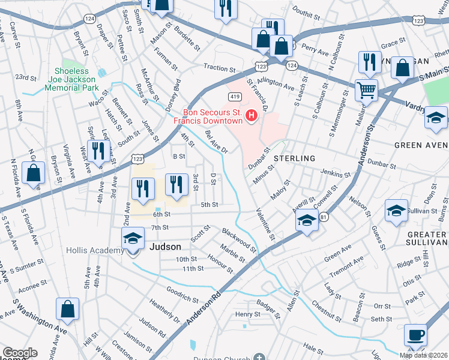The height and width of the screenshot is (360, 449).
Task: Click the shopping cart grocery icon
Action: point(366,91)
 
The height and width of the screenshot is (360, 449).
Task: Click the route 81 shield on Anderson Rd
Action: point(324,216)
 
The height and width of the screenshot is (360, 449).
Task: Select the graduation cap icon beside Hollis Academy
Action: point(133,239)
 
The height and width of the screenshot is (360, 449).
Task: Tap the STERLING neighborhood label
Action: point(295,158)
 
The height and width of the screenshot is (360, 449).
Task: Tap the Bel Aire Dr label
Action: point(216,142)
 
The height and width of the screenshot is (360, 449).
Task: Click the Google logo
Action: point(19,353)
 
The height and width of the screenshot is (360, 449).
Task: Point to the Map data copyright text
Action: point(423,355)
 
